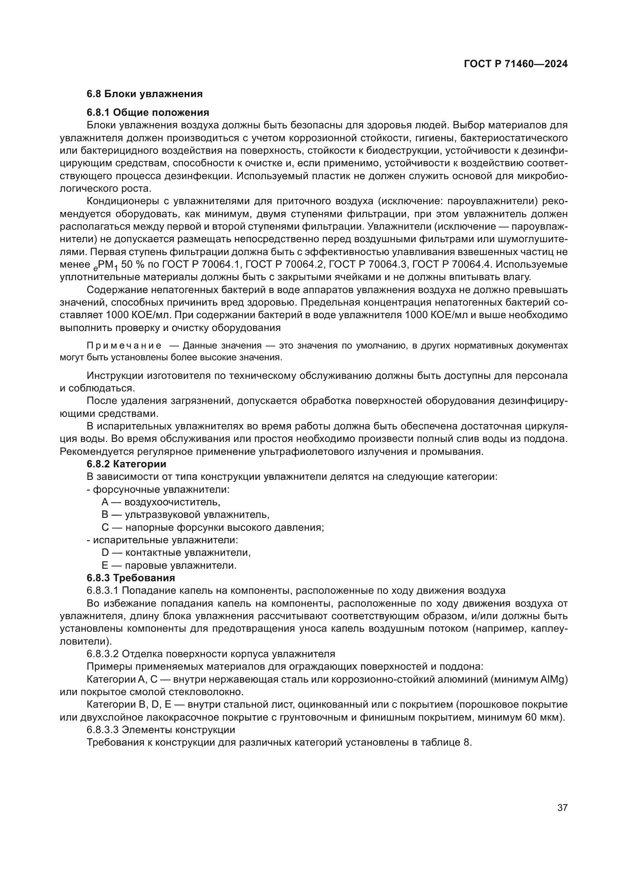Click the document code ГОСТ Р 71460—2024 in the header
click(x=516, y=64)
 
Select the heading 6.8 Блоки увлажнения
click(x=145, y=94)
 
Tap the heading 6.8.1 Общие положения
click(x=148, y=112)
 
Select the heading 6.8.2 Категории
click(x=126, y=464)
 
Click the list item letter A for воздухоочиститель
click(x=105, y=502)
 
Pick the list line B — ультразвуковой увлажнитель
click(x=185, y=515)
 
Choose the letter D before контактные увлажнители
click(x=105, y=553)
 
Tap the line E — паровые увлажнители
click(x=169, y=565)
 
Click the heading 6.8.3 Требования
click(x=131, y=578)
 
